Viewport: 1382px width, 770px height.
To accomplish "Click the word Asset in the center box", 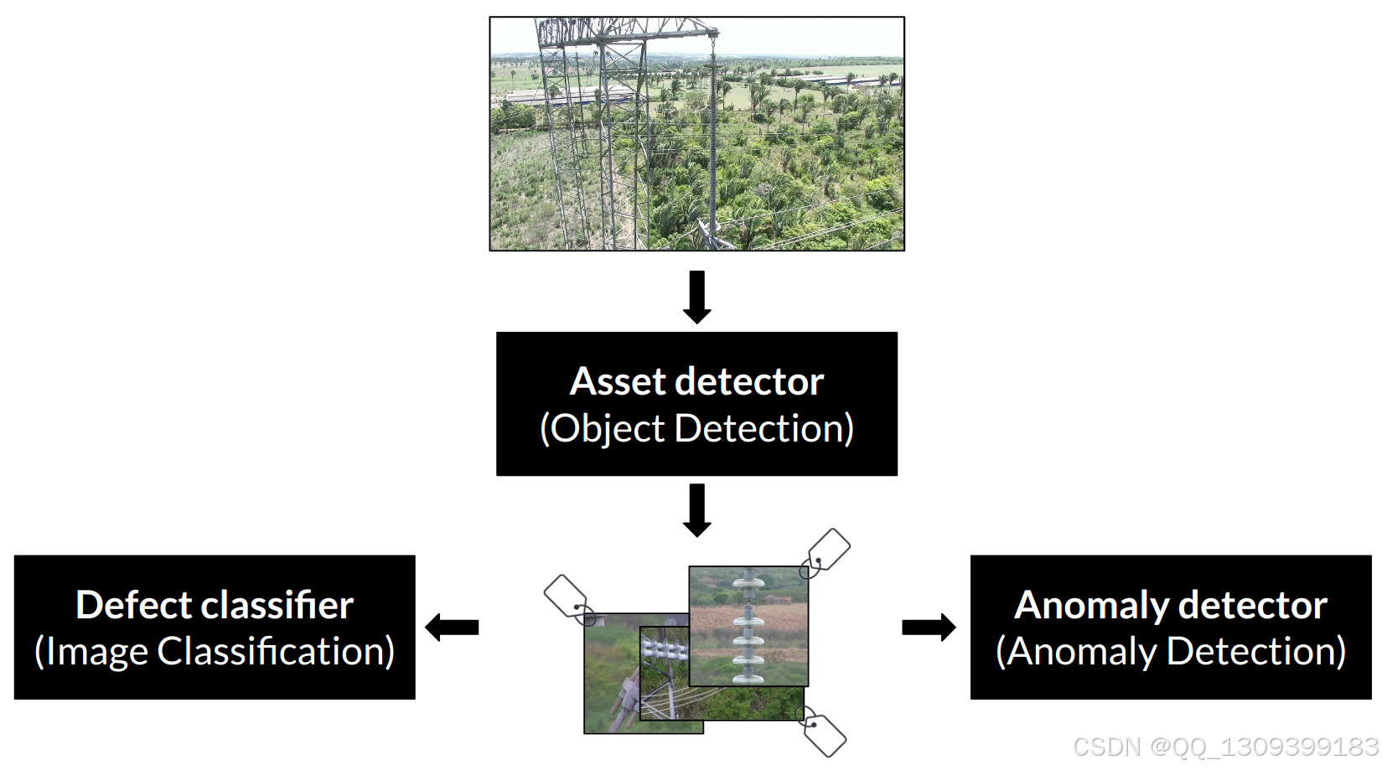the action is pos(618,381).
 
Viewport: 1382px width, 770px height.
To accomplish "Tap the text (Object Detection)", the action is pos(697,428).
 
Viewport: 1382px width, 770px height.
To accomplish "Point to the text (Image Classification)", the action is pos(215,652).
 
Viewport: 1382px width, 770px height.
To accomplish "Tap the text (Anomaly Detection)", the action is pos(1171,652).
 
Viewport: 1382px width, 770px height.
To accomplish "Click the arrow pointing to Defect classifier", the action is pos(452,628).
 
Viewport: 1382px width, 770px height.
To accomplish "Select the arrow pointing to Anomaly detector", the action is pos(929,628).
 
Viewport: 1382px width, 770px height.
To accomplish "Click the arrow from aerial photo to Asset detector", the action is pos(697,297).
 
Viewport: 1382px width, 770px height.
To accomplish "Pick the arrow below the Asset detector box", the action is pos(697,510).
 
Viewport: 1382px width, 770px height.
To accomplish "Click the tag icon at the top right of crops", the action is pos(826,553).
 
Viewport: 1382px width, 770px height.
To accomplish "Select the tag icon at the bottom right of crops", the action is pos(821,731).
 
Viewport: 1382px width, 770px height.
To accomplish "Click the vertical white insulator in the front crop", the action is pos(748,626).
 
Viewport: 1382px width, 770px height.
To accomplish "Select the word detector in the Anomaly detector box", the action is pos(1255,605).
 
